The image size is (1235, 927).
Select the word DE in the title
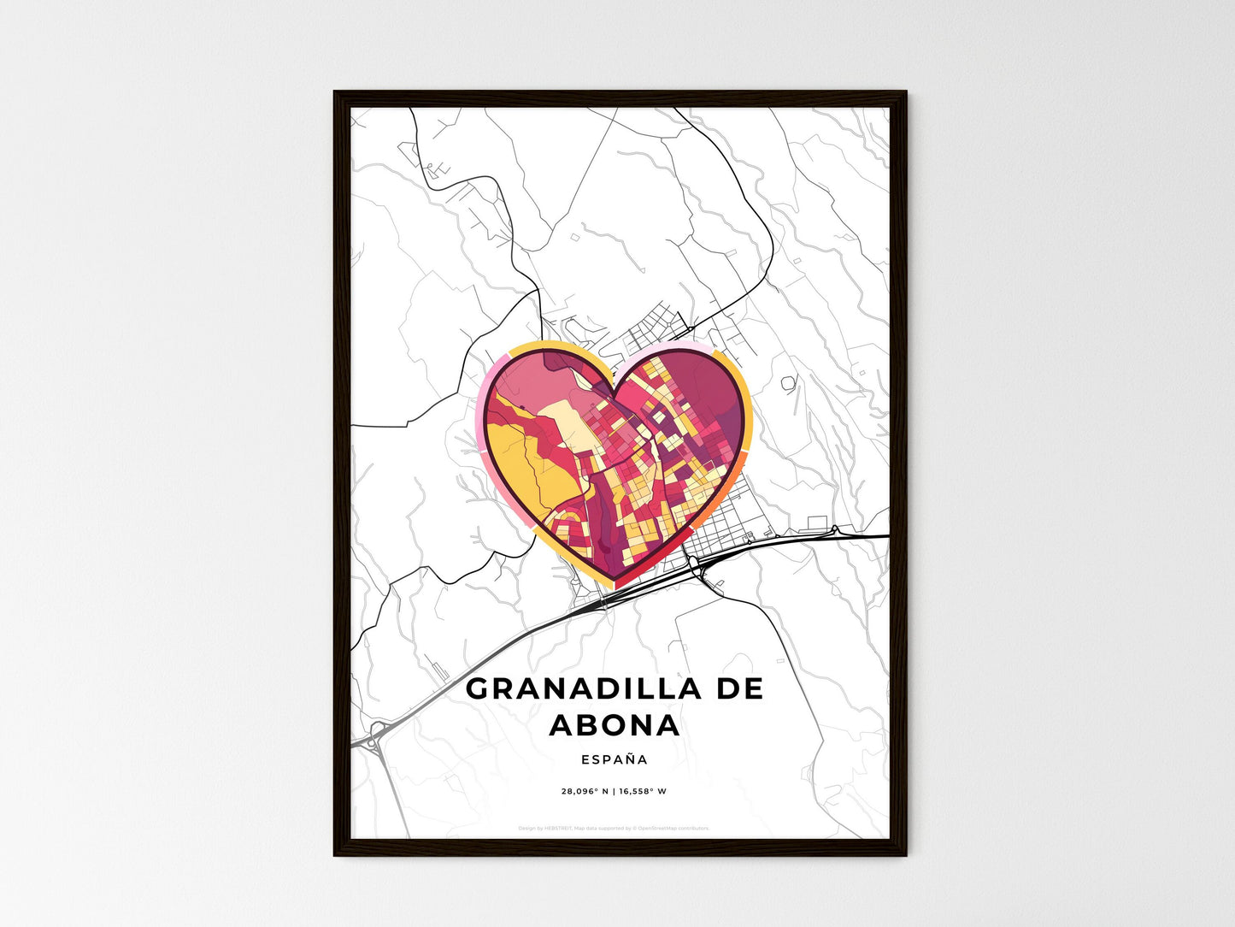pyautogui.click(x=740, y=688)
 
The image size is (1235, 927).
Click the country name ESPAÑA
pyautogui.click(x=615, y=759)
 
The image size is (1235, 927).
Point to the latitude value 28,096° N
pyautogui.click(x=585, y=791)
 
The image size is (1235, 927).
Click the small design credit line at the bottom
pyautogui.click(x=614, y=828)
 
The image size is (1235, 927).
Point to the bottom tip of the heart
pyautogui.click(x=615, y=583)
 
